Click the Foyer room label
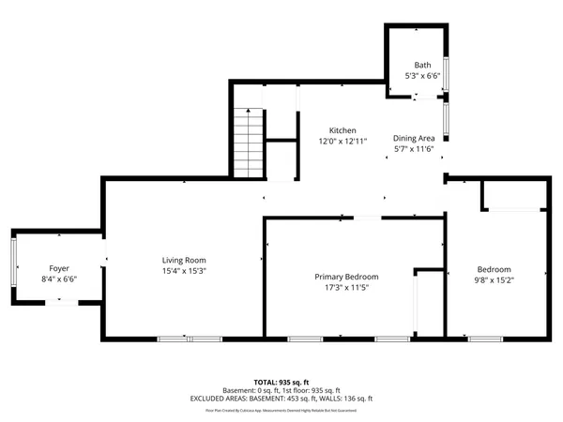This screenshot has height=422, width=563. [59, 267]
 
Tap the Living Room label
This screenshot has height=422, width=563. [183, 260]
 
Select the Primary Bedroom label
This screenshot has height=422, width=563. [346, 277]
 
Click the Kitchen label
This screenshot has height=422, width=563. [342, 129]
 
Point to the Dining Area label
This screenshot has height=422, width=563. [412, 137]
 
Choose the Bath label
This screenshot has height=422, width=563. [422, 65]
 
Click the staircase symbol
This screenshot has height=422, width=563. [248, 142]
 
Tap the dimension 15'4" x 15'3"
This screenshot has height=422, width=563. [183, 271]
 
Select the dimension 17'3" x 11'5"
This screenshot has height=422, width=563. [346, 288]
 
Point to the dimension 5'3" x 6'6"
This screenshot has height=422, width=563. [422, 75]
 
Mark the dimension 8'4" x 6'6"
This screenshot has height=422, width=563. [59, 279]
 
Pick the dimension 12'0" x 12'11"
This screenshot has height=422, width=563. [342, 141]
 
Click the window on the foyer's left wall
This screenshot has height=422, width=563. [13, 264]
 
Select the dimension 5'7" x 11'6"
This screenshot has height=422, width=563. [412, 148]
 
